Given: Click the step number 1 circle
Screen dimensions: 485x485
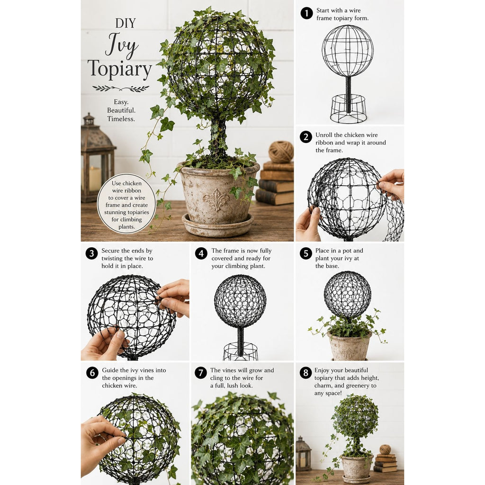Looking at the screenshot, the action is [x=306, y=13].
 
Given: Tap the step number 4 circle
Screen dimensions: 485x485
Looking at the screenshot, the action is [x=201, y=254].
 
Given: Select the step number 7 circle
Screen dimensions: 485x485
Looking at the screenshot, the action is [x=200, y=373].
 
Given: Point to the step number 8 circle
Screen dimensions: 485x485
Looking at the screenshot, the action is [x=305, y=373].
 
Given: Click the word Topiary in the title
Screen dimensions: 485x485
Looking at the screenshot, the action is [x=120, y=69].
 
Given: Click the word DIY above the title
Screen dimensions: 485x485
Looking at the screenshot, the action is [x=125, y=23].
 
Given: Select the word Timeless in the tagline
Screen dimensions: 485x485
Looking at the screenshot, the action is [x=121, y=119].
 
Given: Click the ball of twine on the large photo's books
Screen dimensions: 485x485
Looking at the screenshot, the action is [x=281, y=152].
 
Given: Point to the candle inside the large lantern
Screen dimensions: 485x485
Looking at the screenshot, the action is [x=95, y=179].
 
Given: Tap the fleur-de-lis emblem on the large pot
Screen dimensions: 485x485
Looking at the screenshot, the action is [x=216, y=199].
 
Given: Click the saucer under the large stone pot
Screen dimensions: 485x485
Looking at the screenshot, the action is [x=218, y=226].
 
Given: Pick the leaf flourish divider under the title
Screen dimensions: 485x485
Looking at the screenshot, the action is [x=121, y=89].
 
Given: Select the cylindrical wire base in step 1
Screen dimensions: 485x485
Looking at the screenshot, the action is [x=348, y=108].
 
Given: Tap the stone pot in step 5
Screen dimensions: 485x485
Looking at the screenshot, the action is [x=349, y=346].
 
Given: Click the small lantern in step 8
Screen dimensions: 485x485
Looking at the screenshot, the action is [x=304, y=454].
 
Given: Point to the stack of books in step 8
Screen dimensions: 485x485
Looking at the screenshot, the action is [x=386, y=463].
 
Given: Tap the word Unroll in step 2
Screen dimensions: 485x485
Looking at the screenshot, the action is [x=323, y=135].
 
